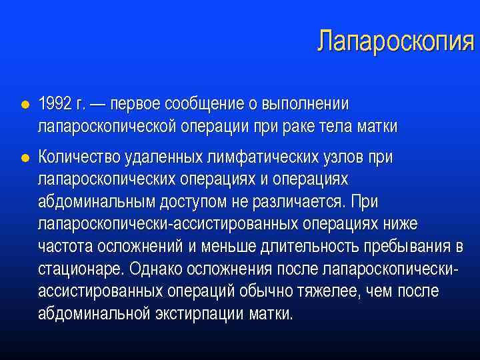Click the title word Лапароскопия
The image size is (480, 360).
pos(395,42)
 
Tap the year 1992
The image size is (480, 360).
pos(55,104)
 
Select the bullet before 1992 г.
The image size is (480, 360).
pos(24,105)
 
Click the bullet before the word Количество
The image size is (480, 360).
pos(24,158)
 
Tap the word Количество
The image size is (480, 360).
pos(80,157)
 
